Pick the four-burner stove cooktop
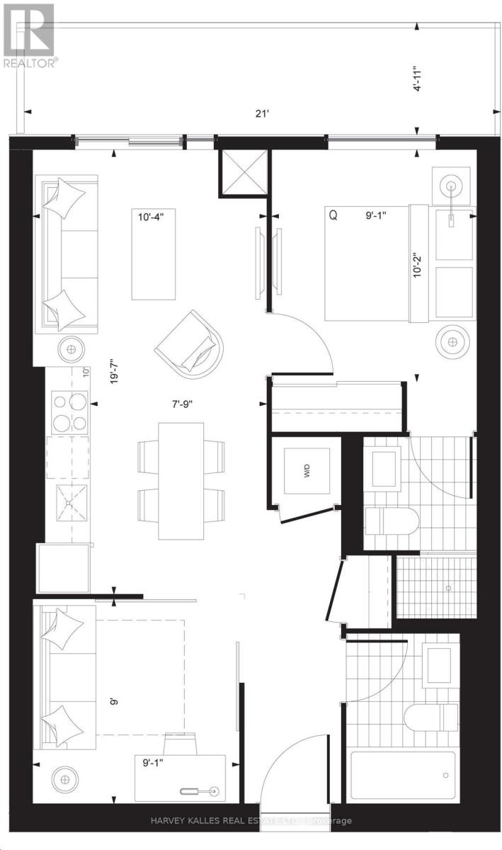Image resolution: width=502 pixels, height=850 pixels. coord(69,412)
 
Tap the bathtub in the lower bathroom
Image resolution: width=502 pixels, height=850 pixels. coord(404,774)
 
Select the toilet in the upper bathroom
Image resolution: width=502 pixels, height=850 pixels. coord(391,521)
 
